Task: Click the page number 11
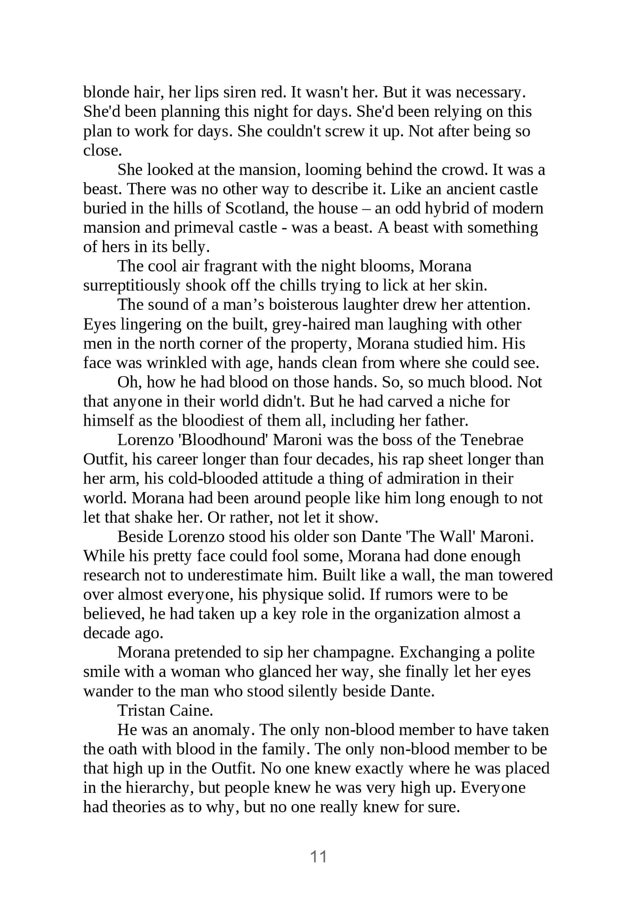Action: [318, 856]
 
